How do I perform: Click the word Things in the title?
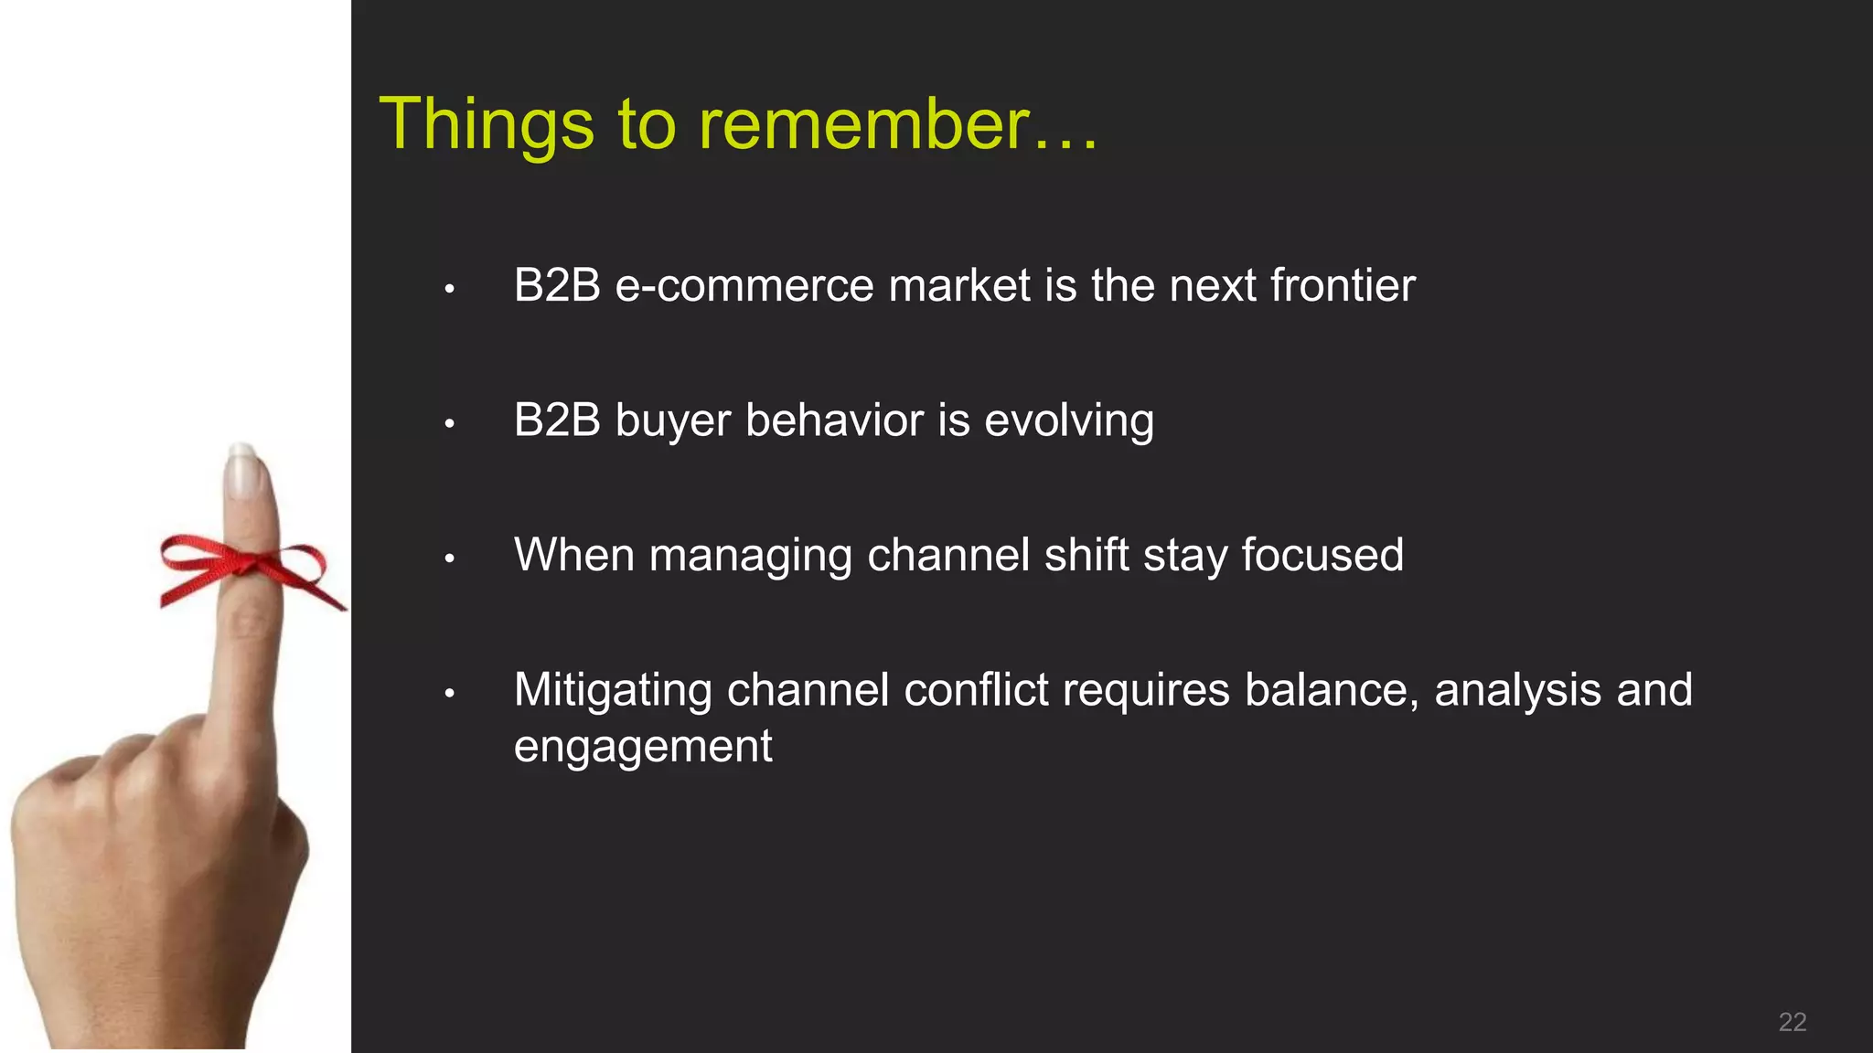coord(487,125)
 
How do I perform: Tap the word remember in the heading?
coord(864,125)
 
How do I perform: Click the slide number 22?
coord(1792,1022)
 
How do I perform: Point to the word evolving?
coord(1068,421)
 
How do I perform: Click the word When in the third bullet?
coord(573,556)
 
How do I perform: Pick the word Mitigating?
coord(612,691)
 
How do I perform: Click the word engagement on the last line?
coord(642,747)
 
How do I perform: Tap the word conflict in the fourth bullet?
coord(975,691)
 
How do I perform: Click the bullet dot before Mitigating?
coord(449,695)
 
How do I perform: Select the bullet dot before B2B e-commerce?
coord(449,290)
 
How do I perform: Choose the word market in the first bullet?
coord(958,286)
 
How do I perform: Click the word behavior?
coord(834,421)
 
